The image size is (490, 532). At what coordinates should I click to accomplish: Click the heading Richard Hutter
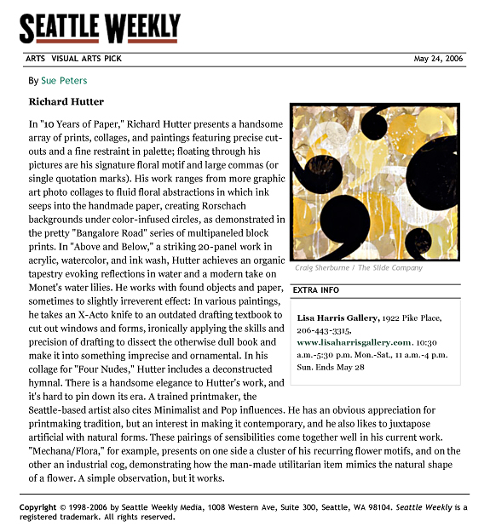[x=66, y=102]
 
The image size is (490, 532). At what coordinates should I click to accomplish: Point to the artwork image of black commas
[x=374, y=182]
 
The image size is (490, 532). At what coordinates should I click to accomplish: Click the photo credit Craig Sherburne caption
[x=358, y=268]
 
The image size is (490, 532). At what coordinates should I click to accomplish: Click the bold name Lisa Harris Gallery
[x=337, y=317]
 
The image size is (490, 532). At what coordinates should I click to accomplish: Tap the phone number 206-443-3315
[x=325, y=329]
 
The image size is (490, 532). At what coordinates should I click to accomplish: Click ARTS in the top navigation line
[x=35, y=60]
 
